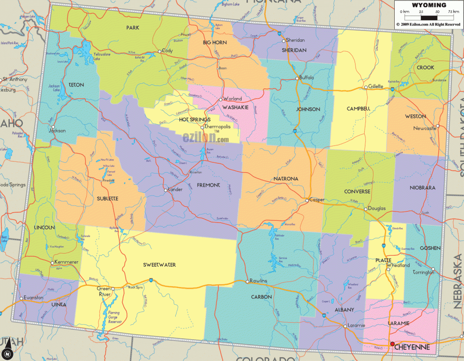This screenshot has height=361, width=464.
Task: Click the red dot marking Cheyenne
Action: [392, 344]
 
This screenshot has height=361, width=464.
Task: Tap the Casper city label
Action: [317, 200]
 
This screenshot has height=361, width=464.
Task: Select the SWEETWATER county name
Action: [159, 265]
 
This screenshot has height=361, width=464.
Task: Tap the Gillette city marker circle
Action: [366, 87]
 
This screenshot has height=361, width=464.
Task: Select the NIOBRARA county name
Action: [422, 188]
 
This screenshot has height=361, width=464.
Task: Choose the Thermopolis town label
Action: [218, 127]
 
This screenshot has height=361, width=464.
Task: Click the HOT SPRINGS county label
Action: [194, 119]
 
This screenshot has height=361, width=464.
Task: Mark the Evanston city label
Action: [34, 298]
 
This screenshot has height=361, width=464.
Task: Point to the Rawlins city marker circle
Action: [247, 281]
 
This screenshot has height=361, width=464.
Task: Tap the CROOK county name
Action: [426, 68]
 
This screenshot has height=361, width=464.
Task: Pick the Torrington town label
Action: [424, 273]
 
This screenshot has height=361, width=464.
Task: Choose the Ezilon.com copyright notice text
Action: [429, 24]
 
